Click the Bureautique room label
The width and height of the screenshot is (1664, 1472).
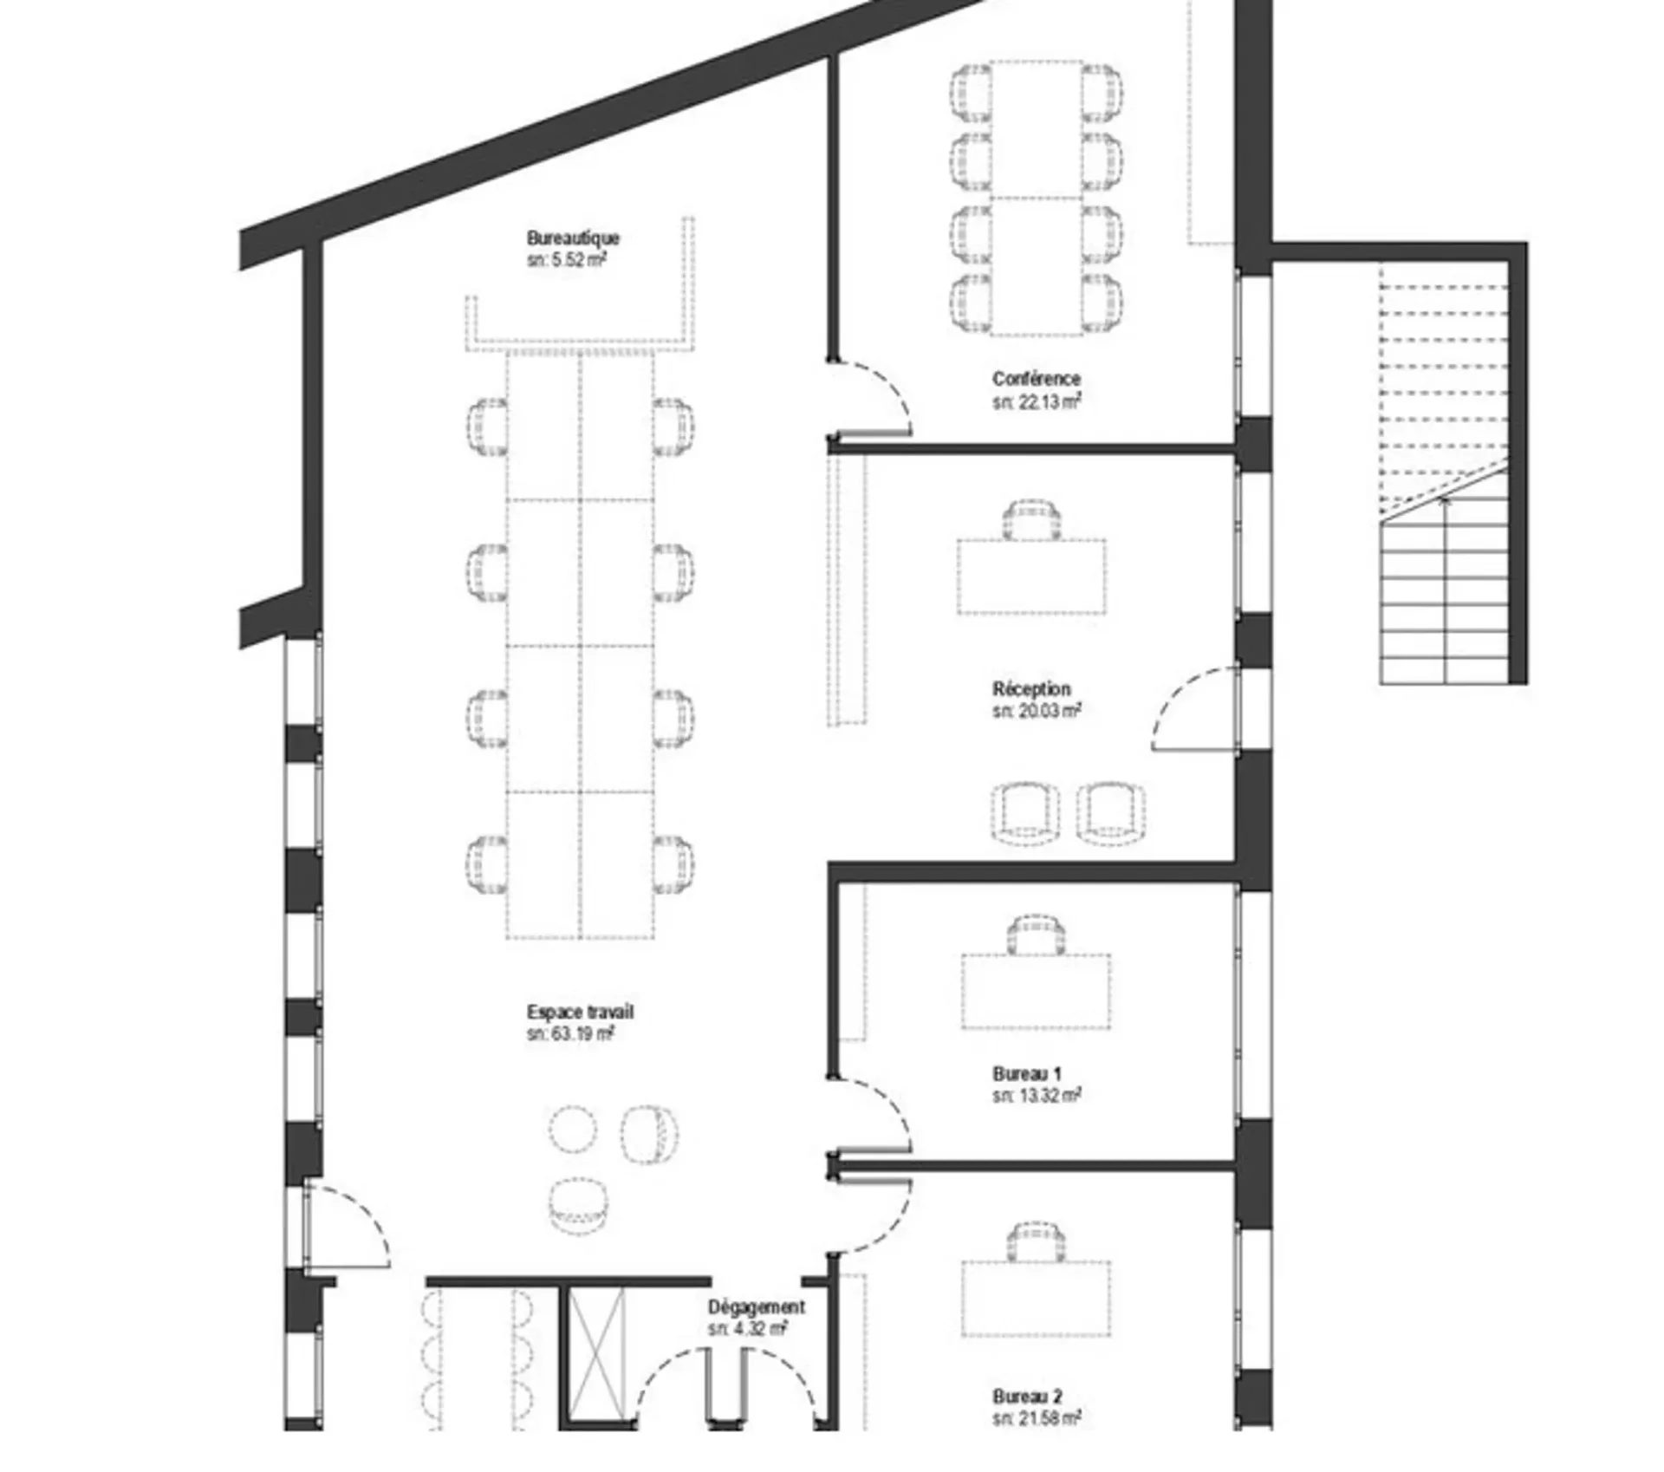[x=573, y=238]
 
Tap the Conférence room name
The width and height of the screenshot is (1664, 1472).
[x=1037, y=379]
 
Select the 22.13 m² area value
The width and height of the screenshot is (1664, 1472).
[x=1037, y=402]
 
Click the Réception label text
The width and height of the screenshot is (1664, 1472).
[x=1031, y=689]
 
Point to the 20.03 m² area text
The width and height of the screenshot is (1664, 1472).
[x=1037, y=712]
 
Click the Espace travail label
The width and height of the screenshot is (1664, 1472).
[x=580, y=1012]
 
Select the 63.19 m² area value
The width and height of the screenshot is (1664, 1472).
[x=570, y=1034]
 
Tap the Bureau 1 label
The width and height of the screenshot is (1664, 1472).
[x=1027, y=1073]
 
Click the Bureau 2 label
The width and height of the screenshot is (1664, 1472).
[x=1027, y=1421]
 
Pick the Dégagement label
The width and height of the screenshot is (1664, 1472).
[x=756, y=1306]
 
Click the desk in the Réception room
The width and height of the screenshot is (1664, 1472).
[x=1031, y=576]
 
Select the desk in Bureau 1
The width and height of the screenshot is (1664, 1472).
[x=1036, y=991]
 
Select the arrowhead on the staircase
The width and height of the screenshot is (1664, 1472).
[x=1444, y=501]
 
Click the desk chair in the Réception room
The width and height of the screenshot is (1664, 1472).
[x=1031, y=519]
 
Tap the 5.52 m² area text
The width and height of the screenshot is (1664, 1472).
[x=566, y=260]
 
